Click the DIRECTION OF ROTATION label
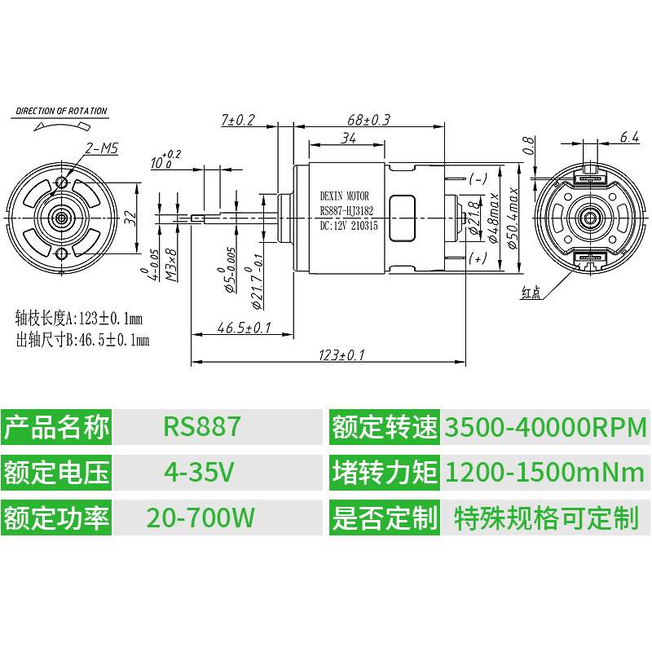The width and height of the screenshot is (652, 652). [x=61, y=111]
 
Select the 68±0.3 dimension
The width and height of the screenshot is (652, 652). [x=368, y=120]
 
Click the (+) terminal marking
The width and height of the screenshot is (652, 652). [x=478, y=258]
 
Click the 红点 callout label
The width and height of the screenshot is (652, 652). [x=531, y=291]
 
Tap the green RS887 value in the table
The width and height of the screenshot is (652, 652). [x=202, y=427]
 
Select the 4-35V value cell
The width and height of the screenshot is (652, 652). [x=200, y=472]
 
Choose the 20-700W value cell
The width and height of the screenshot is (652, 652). [x=200, y=517]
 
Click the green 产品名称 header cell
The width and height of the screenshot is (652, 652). [x=56, y=427]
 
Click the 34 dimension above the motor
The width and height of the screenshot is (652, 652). [x=348, y=138]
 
